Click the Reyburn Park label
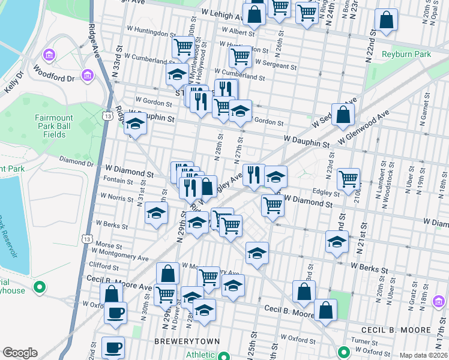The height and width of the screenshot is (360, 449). click(406, 54)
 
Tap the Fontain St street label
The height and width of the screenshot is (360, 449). click(117, 181)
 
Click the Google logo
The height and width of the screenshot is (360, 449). click(20, 353)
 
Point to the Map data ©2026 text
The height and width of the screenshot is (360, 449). click(423, 355)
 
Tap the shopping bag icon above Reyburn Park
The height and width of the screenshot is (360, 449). click(386, 19)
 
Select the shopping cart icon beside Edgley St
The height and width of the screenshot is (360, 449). click(348, 178)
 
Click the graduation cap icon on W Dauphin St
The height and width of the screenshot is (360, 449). click(135, 124)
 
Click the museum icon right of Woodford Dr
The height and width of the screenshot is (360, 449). click(88, 76)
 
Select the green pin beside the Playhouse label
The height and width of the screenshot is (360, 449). click(40, 287)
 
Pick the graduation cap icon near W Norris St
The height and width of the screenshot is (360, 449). click(156, 214)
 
